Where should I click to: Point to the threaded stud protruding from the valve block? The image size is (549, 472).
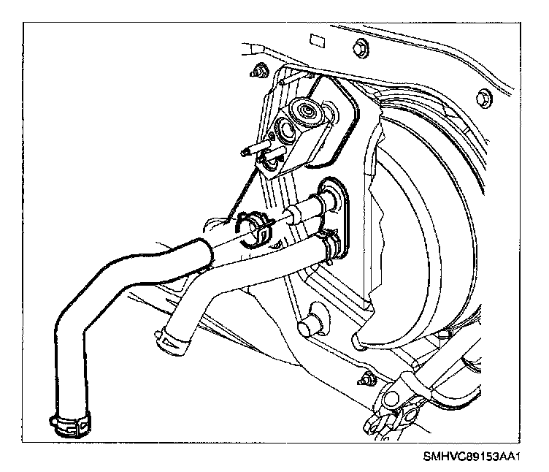(250, 153)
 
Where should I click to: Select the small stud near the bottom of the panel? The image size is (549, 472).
(365, 380)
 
